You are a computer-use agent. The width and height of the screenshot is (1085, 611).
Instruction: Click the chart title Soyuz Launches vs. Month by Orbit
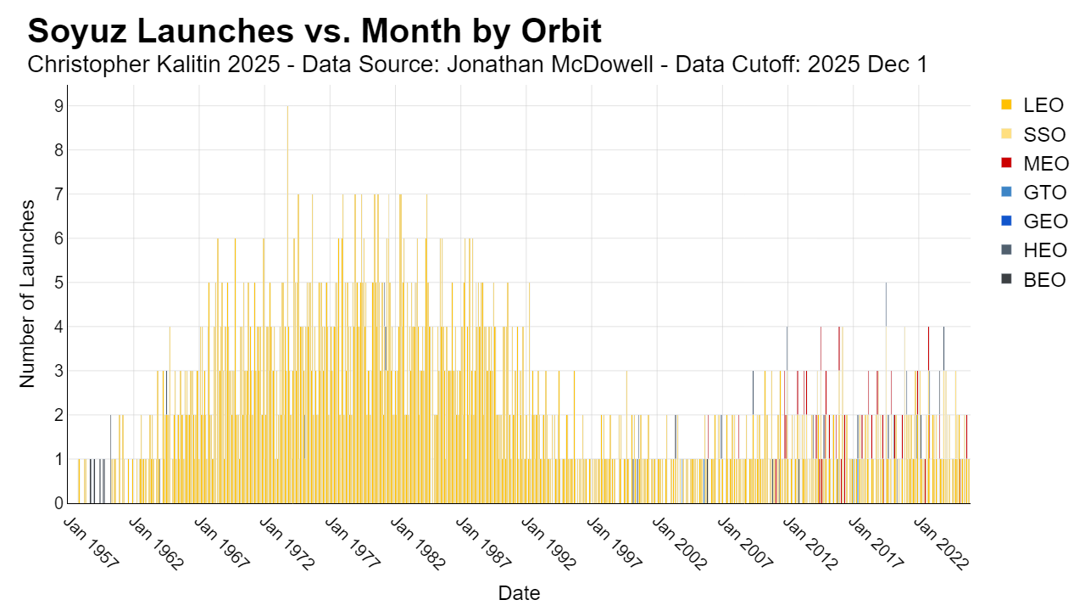click(314, 31)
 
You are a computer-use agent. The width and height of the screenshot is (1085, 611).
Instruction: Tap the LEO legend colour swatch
click(1006, 104)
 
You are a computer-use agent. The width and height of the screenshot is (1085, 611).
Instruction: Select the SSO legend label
click(1044, 134)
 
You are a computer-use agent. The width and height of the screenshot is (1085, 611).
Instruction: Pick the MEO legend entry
click(1035, 164)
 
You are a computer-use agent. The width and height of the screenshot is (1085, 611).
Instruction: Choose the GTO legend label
click(1045, 193)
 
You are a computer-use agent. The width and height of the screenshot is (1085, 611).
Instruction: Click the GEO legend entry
click(1034, 221)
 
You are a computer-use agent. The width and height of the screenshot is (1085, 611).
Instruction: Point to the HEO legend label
click(1045, 250)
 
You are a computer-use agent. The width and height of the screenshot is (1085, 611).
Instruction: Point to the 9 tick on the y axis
click(59, 106)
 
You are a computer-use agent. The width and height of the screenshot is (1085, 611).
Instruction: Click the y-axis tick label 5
click(59, 283)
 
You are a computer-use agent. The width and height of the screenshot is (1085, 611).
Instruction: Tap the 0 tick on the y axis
click(59, 503)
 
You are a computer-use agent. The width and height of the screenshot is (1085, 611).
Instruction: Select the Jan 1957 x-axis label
click(91, 543)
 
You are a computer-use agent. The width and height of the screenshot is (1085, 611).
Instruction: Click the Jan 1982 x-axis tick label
click(418, 543)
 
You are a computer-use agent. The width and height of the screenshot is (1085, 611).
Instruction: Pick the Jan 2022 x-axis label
click(941, 543)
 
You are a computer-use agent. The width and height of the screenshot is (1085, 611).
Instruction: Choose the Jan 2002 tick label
click(680, 543)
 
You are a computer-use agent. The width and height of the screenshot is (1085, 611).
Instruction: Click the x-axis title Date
click(519, 593)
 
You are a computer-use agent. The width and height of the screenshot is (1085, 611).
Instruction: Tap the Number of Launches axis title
click(27, 294)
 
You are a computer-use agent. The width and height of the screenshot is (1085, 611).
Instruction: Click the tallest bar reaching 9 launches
click(287, 305)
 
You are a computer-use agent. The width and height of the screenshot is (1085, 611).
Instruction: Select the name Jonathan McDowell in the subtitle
click(550, 64)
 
